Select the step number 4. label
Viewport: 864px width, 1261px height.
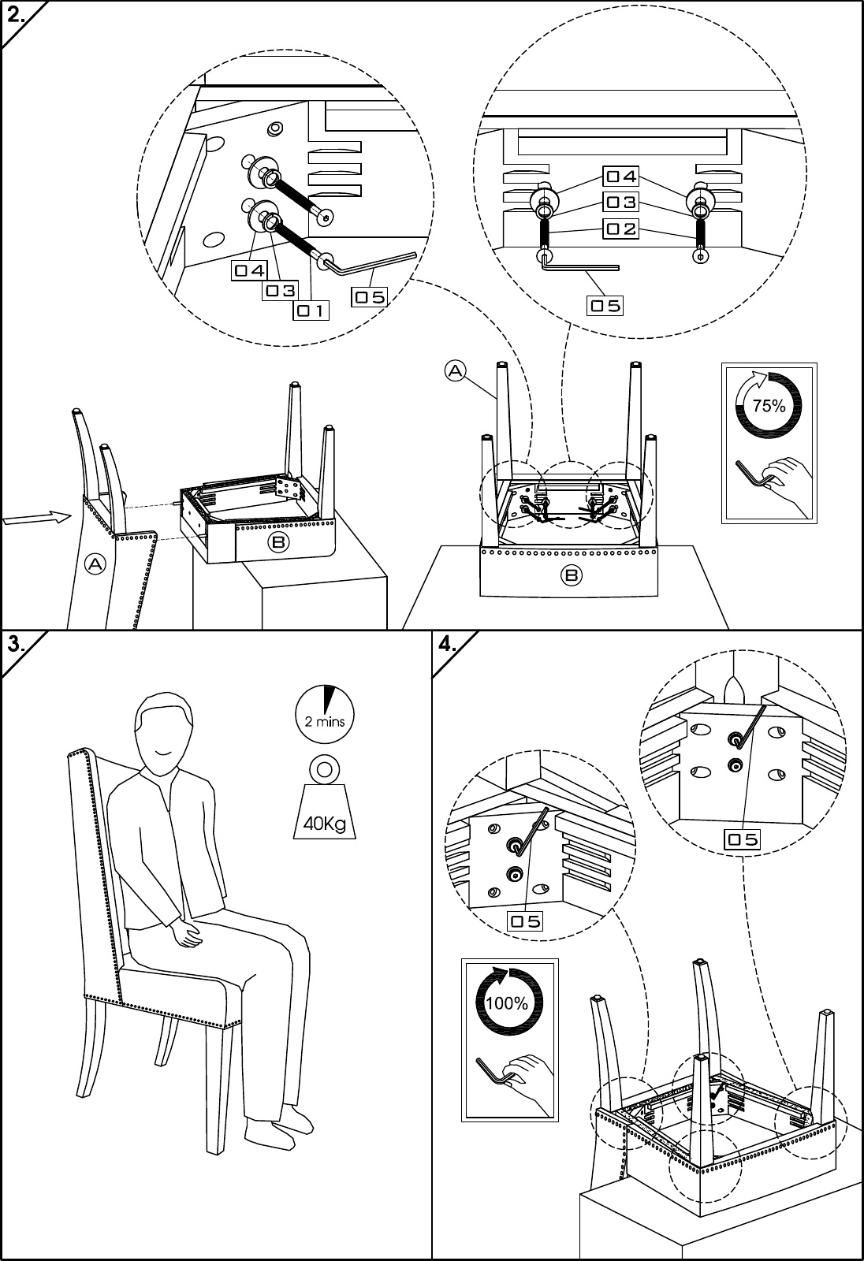click(447, 645)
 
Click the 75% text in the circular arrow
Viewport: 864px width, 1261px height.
click(769, 405)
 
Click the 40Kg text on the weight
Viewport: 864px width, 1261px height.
click(325, 824)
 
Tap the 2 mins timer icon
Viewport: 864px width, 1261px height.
click(325, 714)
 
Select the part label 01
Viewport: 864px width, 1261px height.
click(311, 311)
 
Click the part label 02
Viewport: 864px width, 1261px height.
click(621, 229)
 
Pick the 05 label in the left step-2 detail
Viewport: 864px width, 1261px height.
click(370, 296)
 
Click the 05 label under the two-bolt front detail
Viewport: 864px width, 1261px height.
click(605, 306)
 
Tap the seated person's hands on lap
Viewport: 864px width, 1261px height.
click(187, 934)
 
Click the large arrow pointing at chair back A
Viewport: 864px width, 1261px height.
click(37, 517)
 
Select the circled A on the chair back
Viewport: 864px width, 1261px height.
click(95, 564)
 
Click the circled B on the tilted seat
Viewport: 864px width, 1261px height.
click(277, 542)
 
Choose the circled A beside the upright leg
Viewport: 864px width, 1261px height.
click(455, 371)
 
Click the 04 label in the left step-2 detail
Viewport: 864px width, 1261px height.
click(250, 271)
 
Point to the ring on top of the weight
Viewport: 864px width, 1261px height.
click(325, 769)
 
